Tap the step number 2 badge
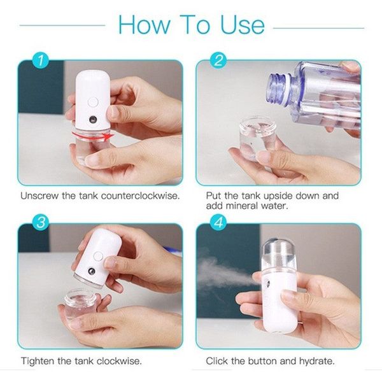click(x=219, y=61)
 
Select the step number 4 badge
click(x=219, y=223)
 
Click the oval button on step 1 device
click(x=92, y=101)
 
